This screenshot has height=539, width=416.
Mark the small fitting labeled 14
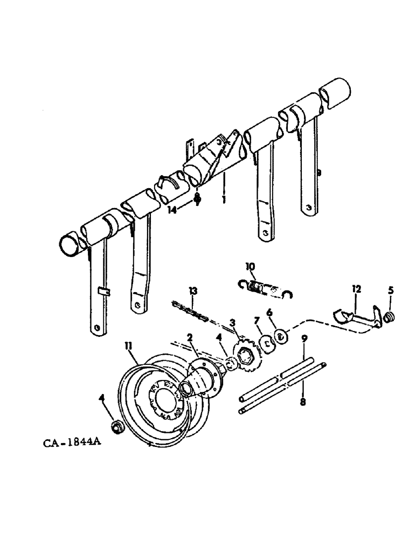(x=197, y=199)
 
